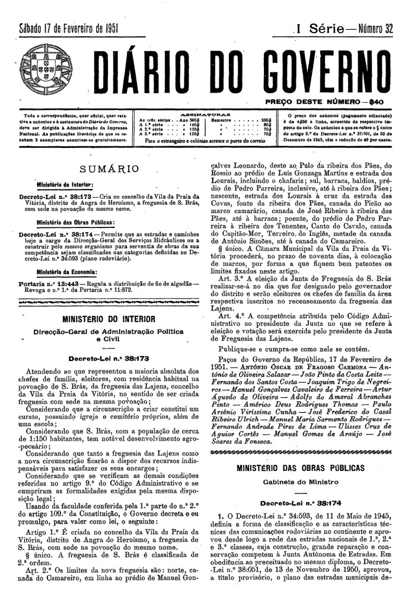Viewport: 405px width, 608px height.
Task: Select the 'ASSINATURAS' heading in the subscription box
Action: coord(204,113)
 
